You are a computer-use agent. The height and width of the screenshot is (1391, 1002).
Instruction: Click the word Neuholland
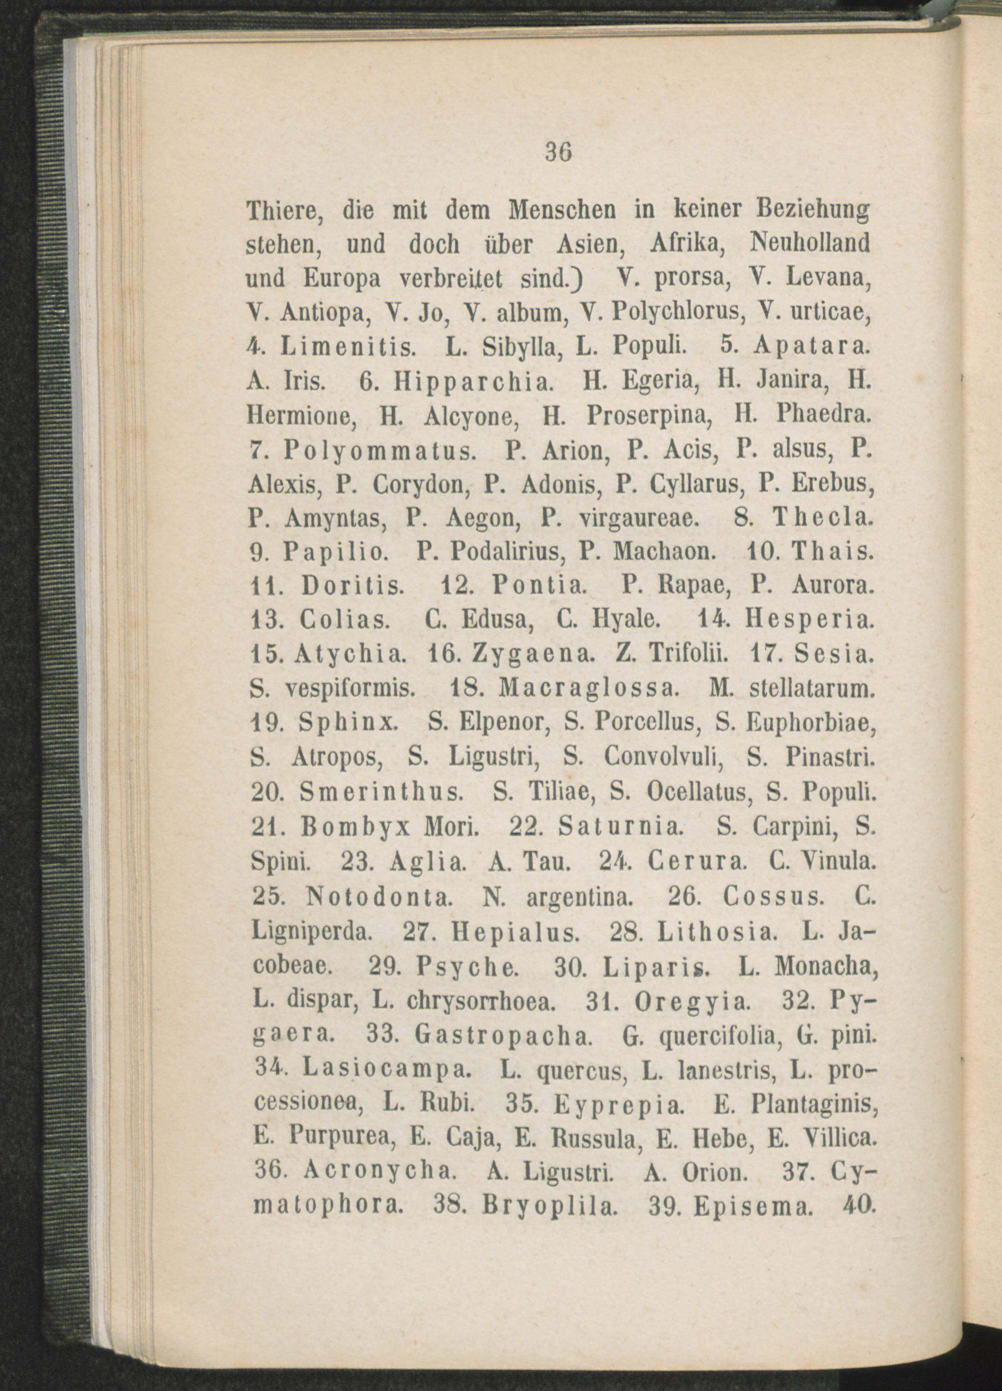click(811, 244)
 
